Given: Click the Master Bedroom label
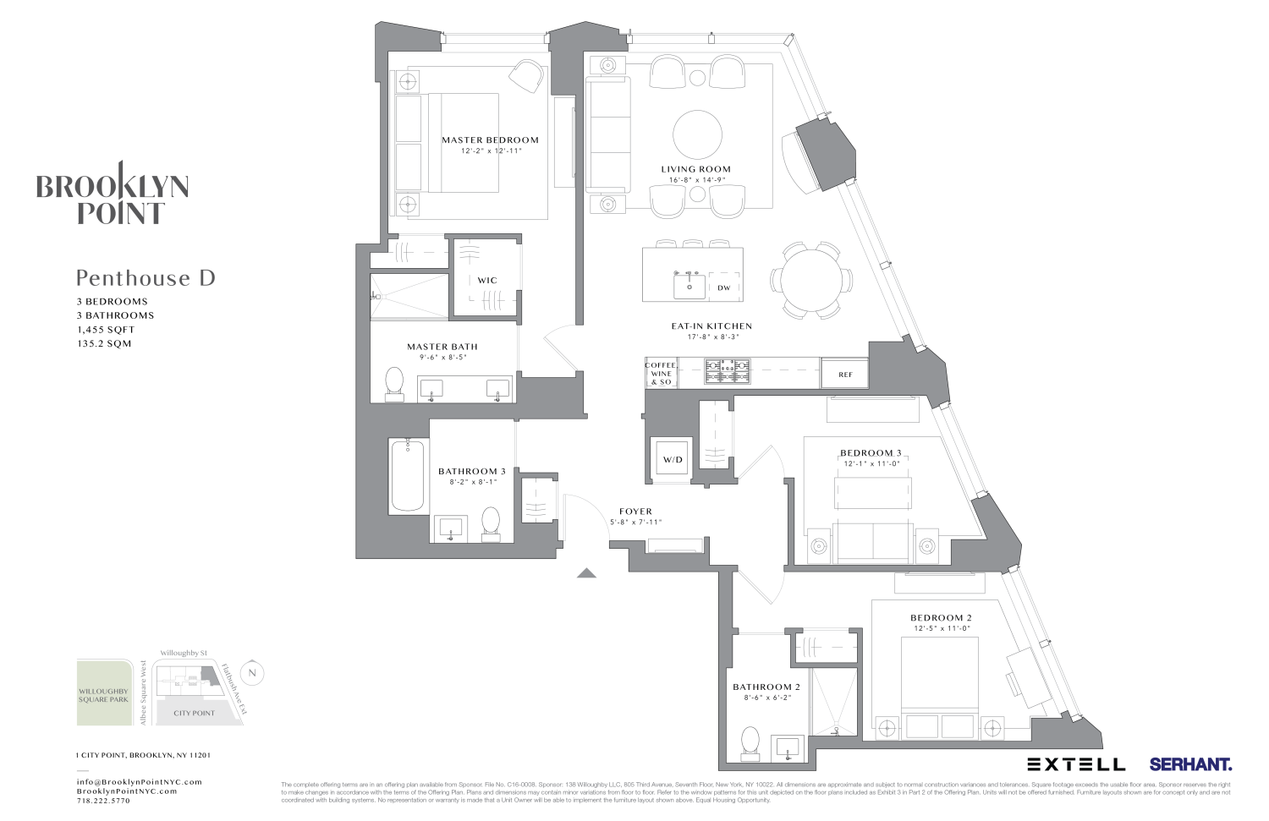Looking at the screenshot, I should click(490, 140).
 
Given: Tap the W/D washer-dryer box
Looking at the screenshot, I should click(673, 460).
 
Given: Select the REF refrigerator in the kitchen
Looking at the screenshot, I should click(845, 375).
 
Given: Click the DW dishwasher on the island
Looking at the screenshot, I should click(724, 287).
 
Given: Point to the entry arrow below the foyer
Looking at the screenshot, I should click(586, 573).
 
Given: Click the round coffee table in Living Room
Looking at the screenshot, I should click(698, 134).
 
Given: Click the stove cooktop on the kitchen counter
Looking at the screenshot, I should click(728, 369).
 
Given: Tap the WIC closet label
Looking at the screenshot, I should click(487, 281).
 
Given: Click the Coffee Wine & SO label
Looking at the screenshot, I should click(661, 374).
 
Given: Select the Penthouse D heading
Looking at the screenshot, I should click(146, 278).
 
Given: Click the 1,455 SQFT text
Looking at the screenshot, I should click(105, 330).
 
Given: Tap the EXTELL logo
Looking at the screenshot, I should click(1076, 764).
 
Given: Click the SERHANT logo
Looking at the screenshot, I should click(1189, 764).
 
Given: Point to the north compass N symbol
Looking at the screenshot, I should click(251, 673).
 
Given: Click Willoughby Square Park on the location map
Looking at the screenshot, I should click(104, 694).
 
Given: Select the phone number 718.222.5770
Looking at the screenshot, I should click(103, 801).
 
